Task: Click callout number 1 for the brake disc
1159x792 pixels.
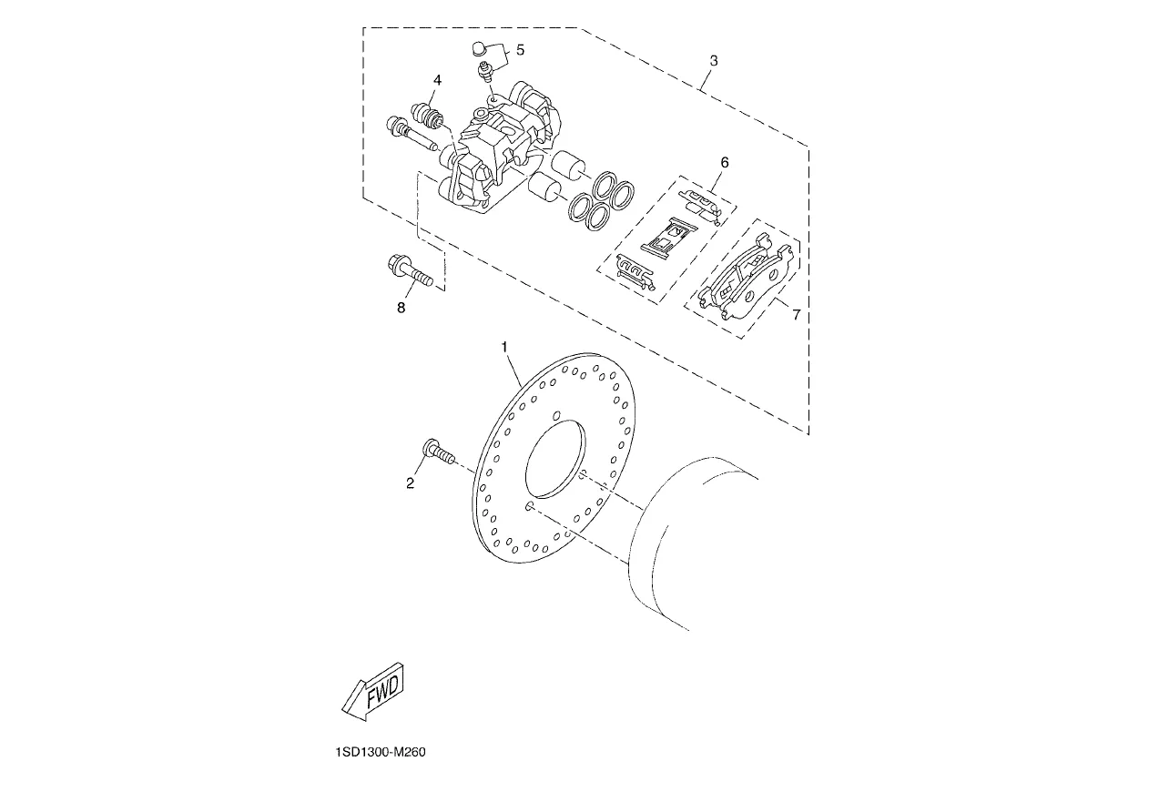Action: (x=505, y=347)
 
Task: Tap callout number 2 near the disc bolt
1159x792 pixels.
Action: (x=411, y=483)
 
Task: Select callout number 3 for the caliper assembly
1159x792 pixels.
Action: (x=714, y=60)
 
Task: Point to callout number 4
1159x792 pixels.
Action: (x=438, y=80)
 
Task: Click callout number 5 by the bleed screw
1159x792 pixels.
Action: (x=521, y=50)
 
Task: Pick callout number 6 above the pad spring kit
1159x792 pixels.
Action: (x=725, y=162)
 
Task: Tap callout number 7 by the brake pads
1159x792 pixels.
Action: (x=797, y=314)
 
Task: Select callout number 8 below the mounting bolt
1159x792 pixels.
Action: (x=401, y=308)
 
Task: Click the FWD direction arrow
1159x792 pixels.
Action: (x=373, y=691)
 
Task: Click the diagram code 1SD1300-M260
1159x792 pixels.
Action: (x=381, y=752)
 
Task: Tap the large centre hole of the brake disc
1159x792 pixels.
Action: (x=555, y=459)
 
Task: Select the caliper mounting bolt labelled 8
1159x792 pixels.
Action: (x=410, y=270)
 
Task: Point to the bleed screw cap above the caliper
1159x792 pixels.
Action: (x=479, y=49)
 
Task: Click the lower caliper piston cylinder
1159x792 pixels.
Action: (x=546, y=187)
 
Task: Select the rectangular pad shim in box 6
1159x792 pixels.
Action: (x=668, y=236)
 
